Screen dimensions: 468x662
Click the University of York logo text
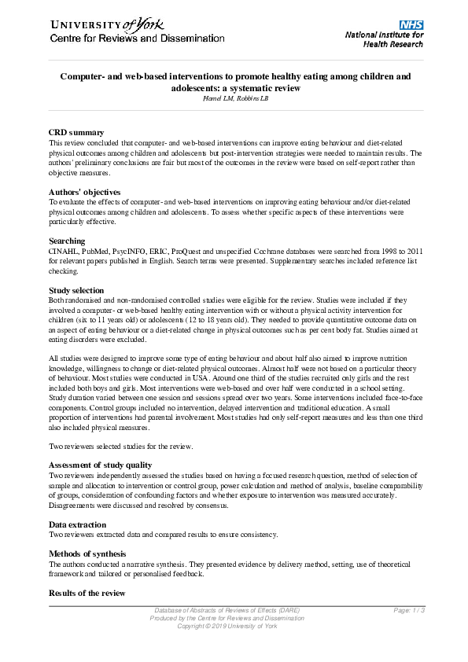point(102,24)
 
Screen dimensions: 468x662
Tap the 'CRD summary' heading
point(76,132)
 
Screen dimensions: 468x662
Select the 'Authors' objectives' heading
point(84,192)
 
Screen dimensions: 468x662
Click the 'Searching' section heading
point(67,241)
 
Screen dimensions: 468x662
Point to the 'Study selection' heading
point(76,290)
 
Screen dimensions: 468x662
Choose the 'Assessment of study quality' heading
point(100,465)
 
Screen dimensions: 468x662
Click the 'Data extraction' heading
point(78,524)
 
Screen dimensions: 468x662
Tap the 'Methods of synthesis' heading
point(87,554)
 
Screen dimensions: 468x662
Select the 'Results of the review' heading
point(87,593)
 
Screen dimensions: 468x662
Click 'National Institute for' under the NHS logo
point(385,35)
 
